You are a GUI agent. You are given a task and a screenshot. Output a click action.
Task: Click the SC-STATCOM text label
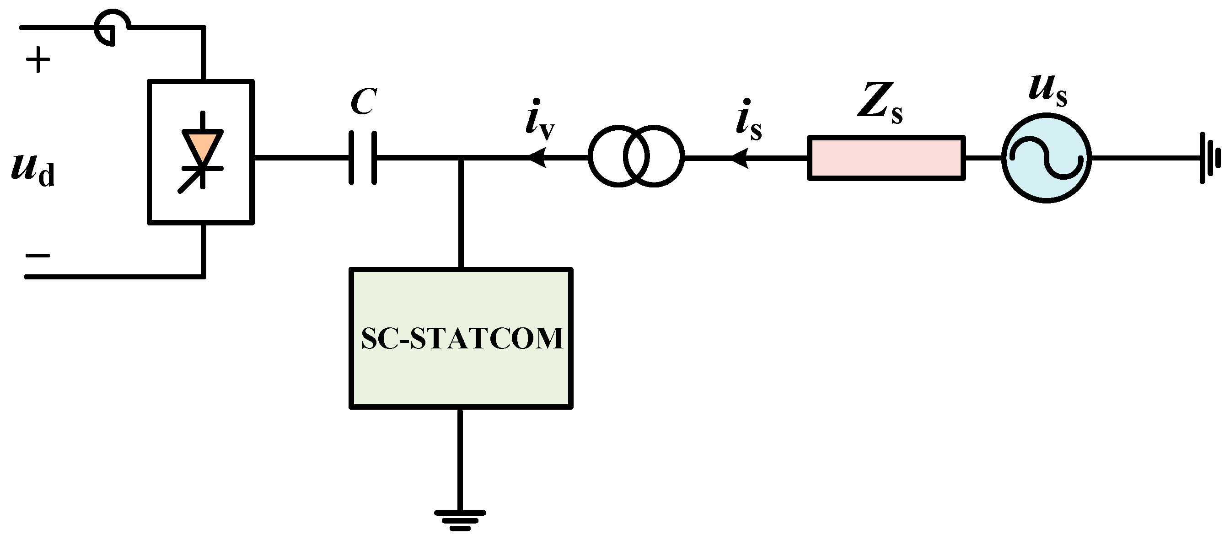(461, 338)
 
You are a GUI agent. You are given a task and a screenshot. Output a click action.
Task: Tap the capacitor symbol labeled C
(363, 158)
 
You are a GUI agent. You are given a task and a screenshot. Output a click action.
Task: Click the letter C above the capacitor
(363, 102)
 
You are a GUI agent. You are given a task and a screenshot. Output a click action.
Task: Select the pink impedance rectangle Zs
(886, 158)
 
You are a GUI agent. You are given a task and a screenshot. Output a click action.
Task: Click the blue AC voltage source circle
(1046, 158)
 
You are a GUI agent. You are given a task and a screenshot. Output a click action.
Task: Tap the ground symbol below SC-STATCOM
(460, 520)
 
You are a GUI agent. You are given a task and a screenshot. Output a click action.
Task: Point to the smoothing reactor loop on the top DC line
(112, 28)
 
